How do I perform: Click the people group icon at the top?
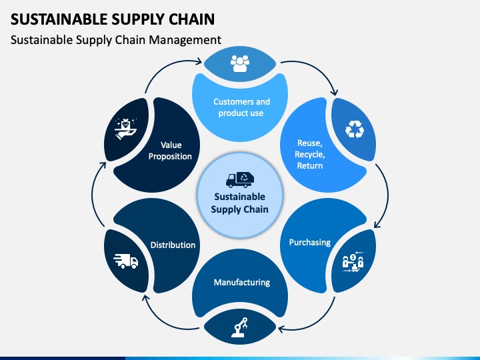[x=240, y=63]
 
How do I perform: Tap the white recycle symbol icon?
[x=355, y=129]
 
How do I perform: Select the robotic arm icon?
[x=240, y=327]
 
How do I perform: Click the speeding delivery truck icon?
[x=126, y=261]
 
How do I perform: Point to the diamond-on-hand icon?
[x=125, y=129]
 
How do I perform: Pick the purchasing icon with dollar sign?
[x=353, y=262]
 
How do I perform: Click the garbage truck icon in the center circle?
[x=240, y=179]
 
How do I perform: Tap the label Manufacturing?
[x=242, y=282]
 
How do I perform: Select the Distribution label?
[x=173, y=245]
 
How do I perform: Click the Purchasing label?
[x=310, y=243]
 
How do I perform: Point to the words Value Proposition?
[x=170, y=151]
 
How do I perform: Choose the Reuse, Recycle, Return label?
[x=310, y=154]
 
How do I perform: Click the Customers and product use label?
[x=241, y=107]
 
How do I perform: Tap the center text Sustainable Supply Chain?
[x=240, y=203]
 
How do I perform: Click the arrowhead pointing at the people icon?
[x=199, y=61]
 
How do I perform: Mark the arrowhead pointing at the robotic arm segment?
[x=281, y=329]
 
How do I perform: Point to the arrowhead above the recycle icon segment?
[x=335, y=91]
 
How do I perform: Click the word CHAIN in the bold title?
[x=192, y=19]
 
